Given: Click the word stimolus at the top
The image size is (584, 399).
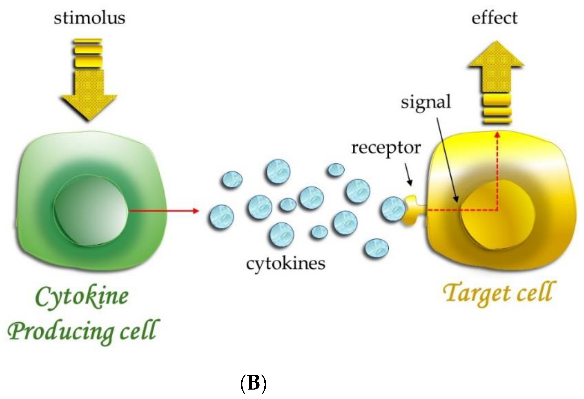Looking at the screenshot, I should click(x=89, y=18).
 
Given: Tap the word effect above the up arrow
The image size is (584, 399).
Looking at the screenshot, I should click(x=494, y=18).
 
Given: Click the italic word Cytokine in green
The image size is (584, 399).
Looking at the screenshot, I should click(x=82, y=296).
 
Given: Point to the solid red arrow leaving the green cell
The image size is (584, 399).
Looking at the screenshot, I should click(x=163, y=211).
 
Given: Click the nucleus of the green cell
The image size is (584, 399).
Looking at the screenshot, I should click(x=90, y=210).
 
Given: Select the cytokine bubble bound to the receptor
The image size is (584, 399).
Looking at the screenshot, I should click(x=393, y=209).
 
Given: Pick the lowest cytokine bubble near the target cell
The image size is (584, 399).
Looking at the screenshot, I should click(x=377, y=248).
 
